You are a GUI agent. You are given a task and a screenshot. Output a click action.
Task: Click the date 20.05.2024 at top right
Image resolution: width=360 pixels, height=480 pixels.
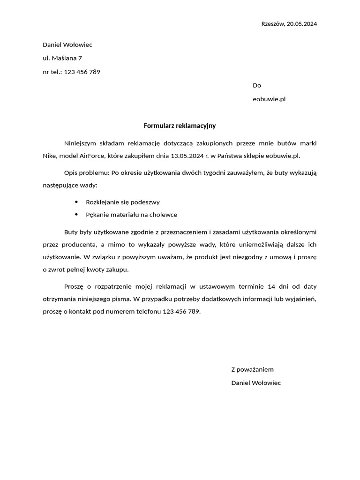point(301,24)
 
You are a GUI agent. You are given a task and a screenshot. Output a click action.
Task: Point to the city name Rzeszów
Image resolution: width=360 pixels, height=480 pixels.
point(272,24)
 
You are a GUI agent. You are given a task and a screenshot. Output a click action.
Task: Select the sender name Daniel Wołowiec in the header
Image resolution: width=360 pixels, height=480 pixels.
point(67,45)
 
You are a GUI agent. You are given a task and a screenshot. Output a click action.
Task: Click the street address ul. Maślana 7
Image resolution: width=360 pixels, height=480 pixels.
point(62,58)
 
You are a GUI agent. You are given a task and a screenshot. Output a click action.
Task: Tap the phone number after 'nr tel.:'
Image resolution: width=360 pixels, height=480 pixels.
point(82,72)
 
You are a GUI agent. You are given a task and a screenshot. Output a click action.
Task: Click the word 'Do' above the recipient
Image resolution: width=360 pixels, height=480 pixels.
point(257,85)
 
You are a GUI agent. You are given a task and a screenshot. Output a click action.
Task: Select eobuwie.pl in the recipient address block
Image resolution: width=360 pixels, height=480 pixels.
point(269,99)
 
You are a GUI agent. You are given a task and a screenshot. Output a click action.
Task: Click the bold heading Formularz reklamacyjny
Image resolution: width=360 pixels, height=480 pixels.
point(180,126)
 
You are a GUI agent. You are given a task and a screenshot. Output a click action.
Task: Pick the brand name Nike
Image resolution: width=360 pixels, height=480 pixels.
point(50,155)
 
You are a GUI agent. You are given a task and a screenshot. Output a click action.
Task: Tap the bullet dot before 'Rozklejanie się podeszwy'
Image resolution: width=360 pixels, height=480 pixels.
point(76,202)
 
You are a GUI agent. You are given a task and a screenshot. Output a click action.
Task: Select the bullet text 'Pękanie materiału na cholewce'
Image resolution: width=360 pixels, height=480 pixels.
point(131,215)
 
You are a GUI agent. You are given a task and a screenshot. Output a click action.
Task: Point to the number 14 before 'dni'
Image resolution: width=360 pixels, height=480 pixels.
point(270,286)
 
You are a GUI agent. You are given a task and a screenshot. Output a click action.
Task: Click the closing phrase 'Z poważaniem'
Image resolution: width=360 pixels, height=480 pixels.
point(252,369)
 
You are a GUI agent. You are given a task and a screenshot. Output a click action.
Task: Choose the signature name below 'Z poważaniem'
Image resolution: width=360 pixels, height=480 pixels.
point(256,383)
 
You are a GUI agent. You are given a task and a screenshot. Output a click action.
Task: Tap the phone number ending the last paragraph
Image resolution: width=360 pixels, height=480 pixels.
point(181,311)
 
